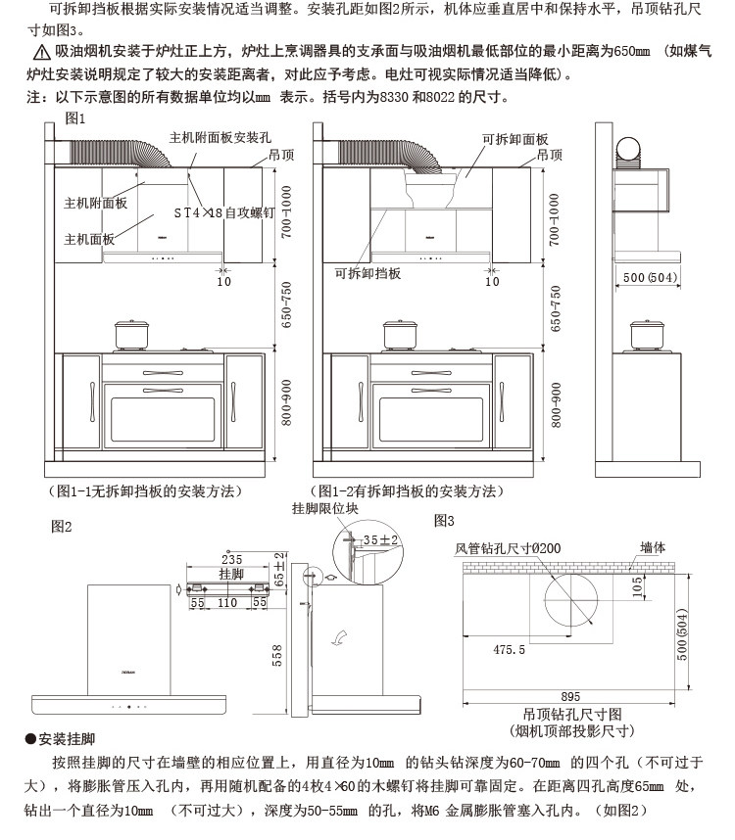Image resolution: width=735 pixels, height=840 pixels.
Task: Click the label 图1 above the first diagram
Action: tap(75, 117)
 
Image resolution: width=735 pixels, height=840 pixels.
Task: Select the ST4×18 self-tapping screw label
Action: tap(223, 211)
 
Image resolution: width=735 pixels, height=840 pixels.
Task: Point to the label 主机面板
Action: tap(89, 239)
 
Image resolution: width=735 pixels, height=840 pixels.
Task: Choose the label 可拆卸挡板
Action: tap(367, 274)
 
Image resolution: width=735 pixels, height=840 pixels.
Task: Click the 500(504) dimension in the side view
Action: tap(650, 278)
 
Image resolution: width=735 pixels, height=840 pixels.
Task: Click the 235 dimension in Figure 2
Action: tap(231, 560)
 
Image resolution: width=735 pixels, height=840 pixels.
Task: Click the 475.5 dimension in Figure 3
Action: tap(509, 649)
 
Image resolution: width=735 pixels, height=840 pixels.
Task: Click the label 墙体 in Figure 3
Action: tap(653, 548)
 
